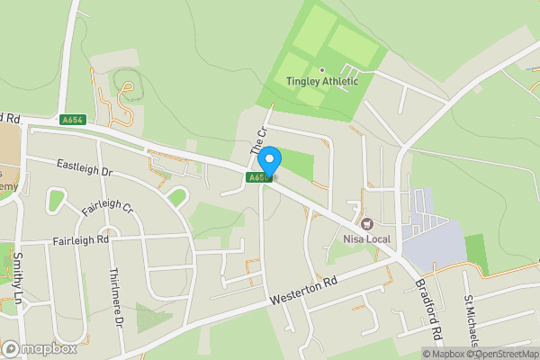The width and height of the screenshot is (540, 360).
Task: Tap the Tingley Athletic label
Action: click(322, 81)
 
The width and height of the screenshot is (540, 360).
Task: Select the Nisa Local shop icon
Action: click(365, 222)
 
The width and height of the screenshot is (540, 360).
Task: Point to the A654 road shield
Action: click(73, 120)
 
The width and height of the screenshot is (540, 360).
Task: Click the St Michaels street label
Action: click(471, 319)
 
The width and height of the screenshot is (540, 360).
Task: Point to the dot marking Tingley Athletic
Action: click(321, 69)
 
